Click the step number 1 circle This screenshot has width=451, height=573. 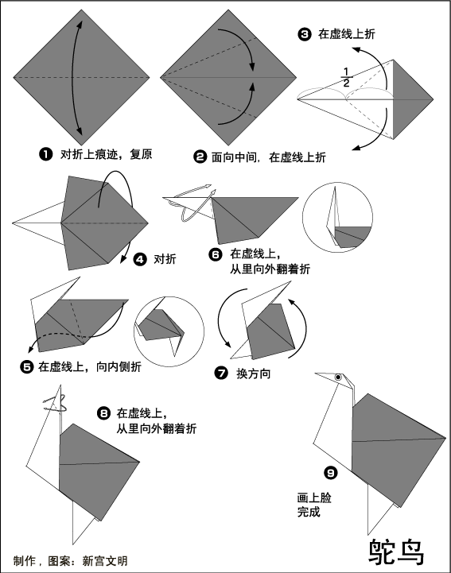[x=45, y=154]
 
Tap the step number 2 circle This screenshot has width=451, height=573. [x=200, y=157]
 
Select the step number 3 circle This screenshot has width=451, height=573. [x=305, y=34]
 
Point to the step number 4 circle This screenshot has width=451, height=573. [x=140, y=259]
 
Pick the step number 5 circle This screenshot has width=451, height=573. [x=27, y=366]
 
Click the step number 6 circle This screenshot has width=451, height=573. [x=216, y=254]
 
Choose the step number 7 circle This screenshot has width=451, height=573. [x=221, y=374]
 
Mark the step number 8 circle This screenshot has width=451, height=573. [x=103, y=413]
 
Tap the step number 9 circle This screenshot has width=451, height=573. [x=331, y=473]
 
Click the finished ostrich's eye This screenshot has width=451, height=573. [x=338, y=377]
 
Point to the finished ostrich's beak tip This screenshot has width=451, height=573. [x=315, y=374]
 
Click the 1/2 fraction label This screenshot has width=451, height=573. [x=346, y=77]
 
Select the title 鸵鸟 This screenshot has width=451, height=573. [x=396, y=552]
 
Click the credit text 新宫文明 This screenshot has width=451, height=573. [x=105, y=560]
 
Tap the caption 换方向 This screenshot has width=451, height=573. [x=254, y=374]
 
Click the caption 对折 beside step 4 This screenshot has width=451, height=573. [x=165, y=259]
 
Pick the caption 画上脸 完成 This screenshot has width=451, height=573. [x=314, y=505]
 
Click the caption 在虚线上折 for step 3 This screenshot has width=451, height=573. [x=347, y=34]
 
